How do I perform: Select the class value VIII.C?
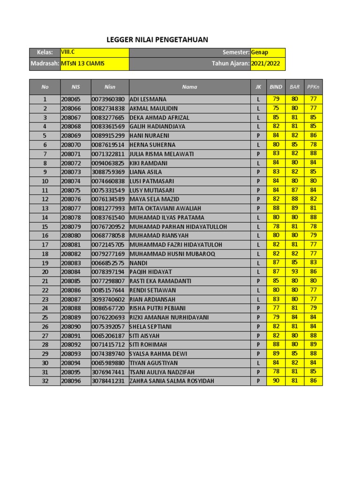point(68,52)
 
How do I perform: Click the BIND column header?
point(276,87)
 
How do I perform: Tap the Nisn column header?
point(110,87)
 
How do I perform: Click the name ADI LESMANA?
point(148,99)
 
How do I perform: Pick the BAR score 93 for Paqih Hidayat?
point(294,272)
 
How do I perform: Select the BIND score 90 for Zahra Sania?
point(276,381)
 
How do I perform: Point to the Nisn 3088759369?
point(108,172)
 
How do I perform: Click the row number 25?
point(45,317)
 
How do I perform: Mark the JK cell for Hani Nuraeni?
point(258,136)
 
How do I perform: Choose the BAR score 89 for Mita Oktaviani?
point(294,208)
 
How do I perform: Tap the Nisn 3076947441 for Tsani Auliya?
point(108,372)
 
